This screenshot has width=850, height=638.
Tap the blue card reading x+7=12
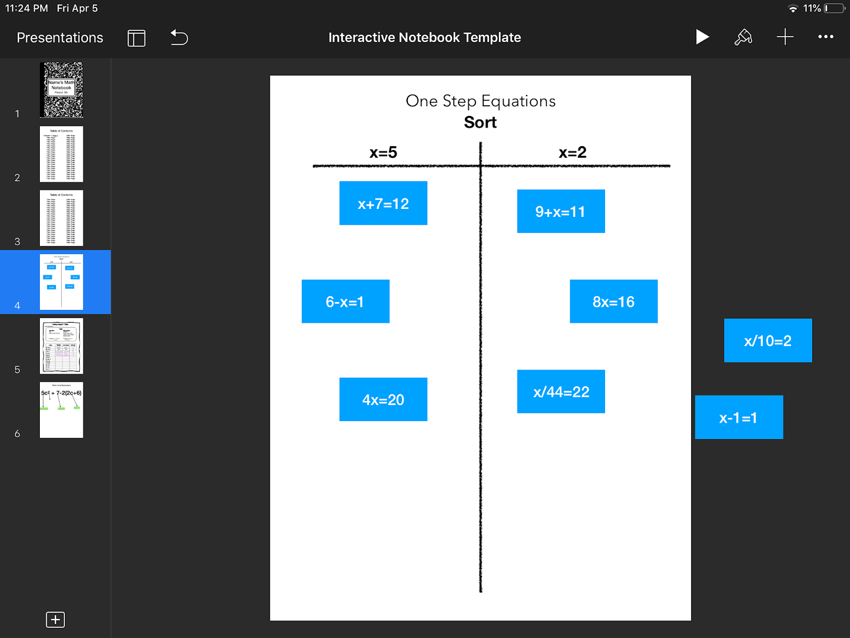pyautogui.click(x=383, y=203)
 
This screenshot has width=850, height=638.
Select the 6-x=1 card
pyautogui.click(x=345, y=301)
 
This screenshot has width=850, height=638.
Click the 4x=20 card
pyautogui.click(x=383, y=399)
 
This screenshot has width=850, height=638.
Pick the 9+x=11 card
pyautogui.click(x=560, y=211)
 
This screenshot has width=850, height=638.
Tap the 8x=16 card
pyautogui.click(x=613, y=301)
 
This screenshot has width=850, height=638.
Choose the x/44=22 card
pyautogui.click(x=560, y=391)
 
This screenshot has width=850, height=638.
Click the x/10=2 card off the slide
pyautogui.click(x=768, y=340)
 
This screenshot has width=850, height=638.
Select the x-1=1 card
pyautogui.click(x=738, y=417)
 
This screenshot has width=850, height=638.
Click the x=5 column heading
pyautogui.click(x=383, y=153)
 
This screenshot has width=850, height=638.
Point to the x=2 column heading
pyautogui.click(x=572, y=153)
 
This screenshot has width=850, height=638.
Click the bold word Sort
pyautogui.click(x=480, y=122)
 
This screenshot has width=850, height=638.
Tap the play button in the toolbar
pyautogui.click(x=702, y=37)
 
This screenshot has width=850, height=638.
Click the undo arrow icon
pyautogui.click(x=179, y=37)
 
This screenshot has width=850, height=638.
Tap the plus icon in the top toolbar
pyautogui.click(x=785, y=37)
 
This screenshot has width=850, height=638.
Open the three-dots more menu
pyautogui.click(x=826, y=37)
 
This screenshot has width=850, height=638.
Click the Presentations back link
pyautogui.click(x=59, y=37)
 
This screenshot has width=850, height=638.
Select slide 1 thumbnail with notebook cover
pyautogui.click(x=61, y=90)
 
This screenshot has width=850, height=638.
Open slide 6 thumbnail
pyautogui.click(x=61, y=410)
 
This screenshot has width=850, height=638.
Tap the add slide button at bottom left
pyautogui.click(x=55, y=619)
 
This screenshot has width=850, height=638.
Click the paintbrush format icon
pyautogui.click(x=743, y=37)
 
